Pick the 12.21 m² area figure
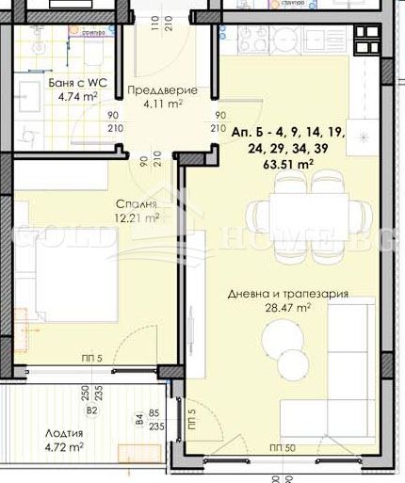(x=137, y=217)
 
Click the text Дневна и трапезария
(x=288, y=294)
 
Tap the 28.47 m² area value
(x=287, y=307)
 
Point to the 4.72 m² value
(x=64, y=447)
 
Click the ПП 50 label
(x=282, y=447)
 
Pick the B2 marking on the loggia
(x=91, y=411)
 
